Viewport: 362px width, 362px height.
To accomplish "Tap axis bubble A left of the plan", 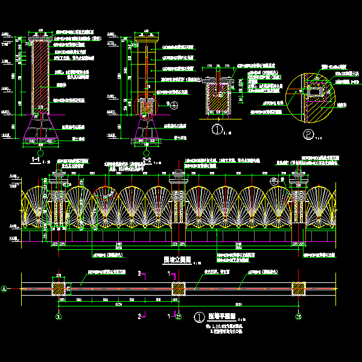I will [x=6, y=288].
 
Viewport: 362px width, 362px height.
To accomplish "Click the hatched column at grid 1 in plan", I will [x=59, y=288].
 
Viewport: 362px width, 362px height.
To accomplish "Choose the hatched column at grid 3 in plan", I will [x=298, y=288].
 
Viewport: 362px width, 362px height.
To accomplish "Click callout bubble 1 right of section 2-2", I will [x=174, y=104].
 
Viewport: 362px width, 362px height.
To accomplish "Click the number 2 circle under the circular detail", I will [x=308, y=134].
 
